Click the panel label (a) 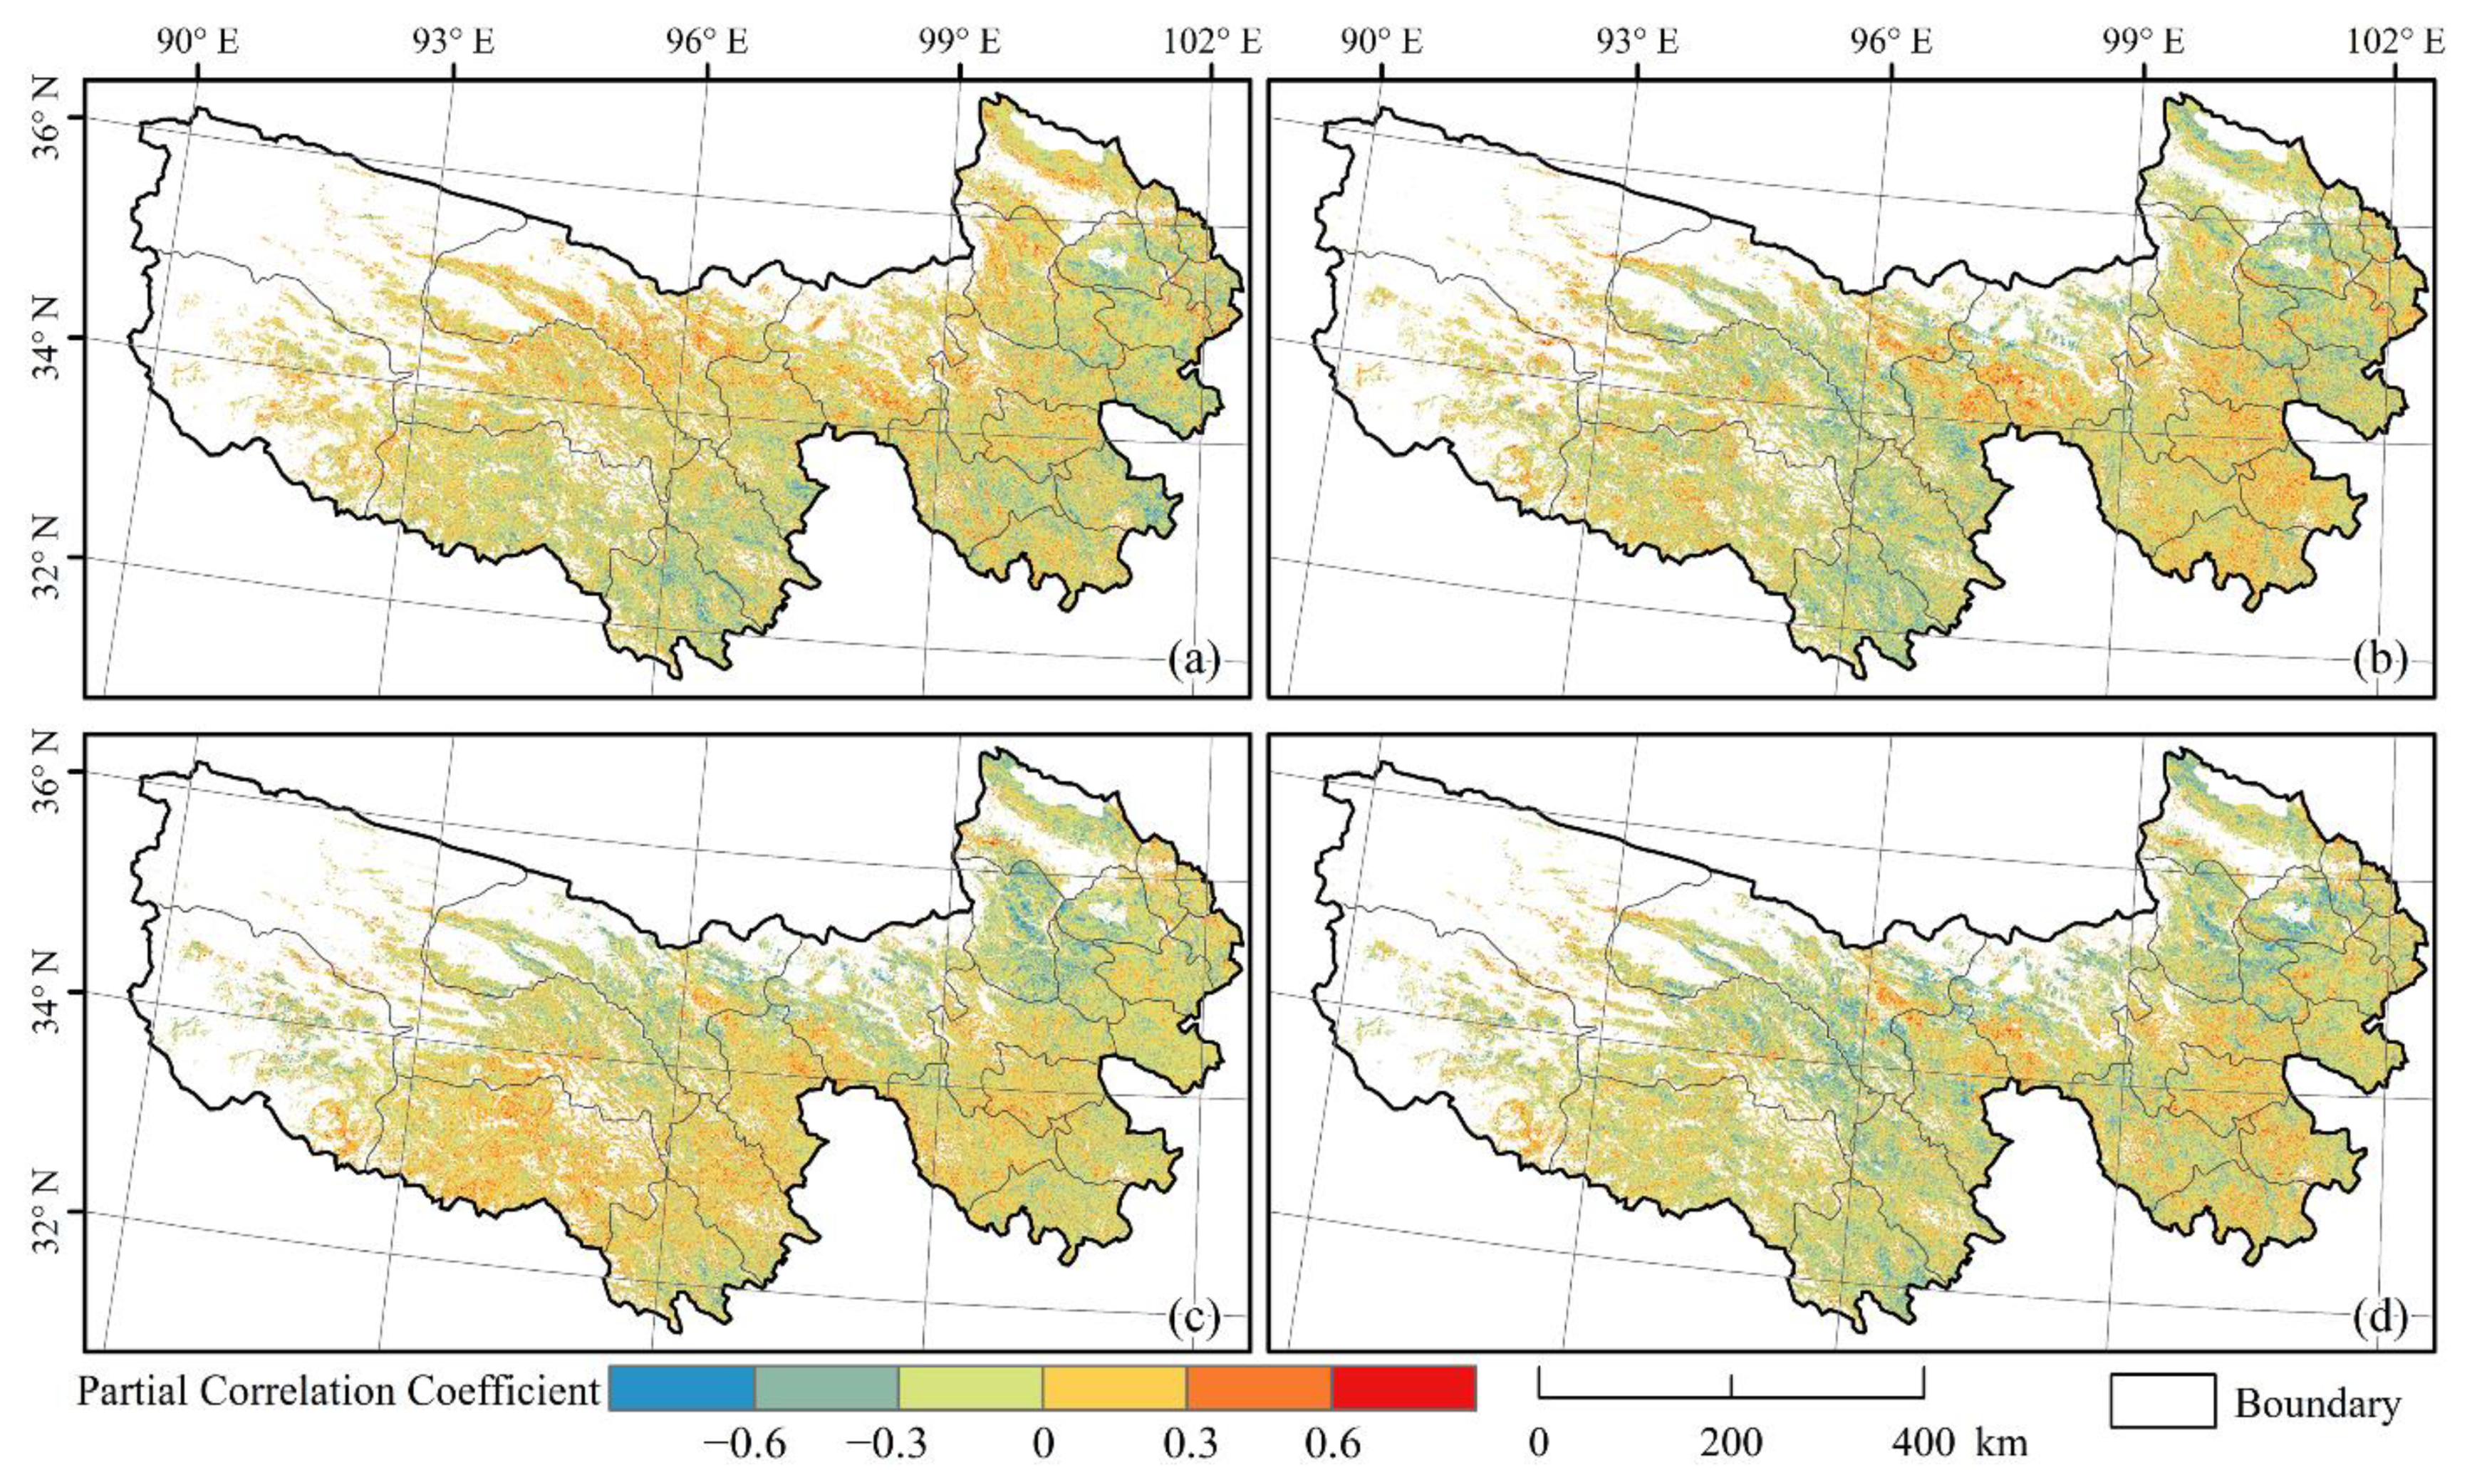(1194, 660)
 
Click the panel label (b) (2378, 660)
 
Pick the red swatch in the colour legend (1403, 1388)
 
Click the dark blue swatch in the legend (681, 1388)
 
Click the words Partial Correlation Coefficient (338, 1391)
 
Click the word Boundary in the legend (2317, 1403)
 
